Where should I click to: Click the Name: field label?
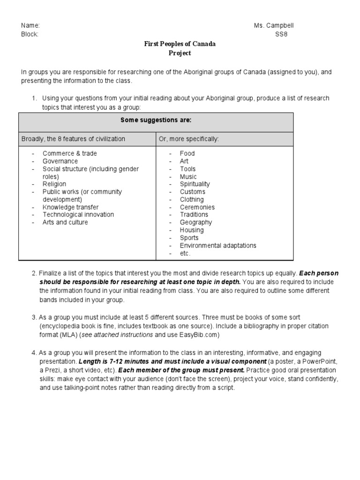coord(30,26)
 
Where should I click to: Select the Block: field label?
coord(30,34)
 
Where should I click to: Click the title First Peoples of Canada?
coord(180,44)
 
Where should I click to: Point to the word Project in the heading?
coord(180,53)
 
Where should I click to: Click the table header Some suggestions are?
coord(156,120)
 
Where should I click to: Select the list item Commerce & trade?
coord(70,153)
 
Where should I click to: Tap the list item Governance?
coord(60,161)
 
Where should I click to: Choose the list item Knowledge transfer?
coord(71,207)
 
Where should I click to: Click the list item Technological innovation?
coord(78,215)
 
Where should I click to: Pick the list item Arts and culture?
coord(65,222)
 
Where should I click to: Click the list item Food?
coord(187,153)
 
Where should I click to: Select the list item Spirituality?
coord(195,184)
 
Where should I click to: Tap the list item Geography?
coord(196,222)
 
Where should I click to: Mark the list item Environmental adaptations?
coord(218,246)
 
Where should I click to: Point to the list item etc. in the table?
coord(185,253)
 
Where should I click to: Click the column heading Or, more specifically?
coord(189,139)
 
